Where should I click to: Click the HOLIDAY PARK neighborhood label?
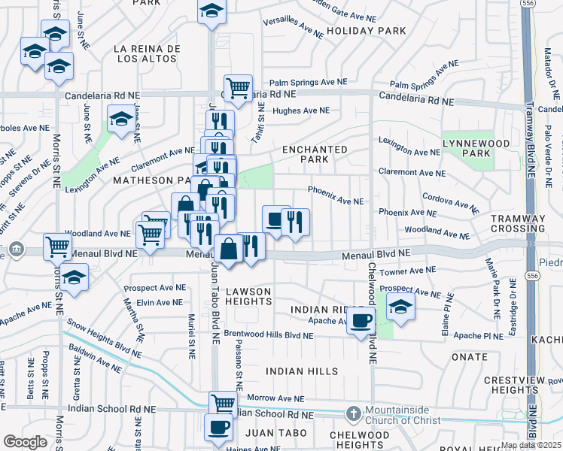pyautogui.click(x=367, y=31)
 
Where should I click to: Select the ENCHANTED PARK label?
pyautogui.click(x=315, y=154)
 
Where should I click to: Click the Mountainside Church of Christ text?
pyautogui.click(x=409, y=415)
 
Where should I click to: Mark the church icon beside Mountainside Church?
pyautogui.click(x=353, y=413)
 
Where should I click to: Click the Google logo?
pyautogui.click(x=25, y=442)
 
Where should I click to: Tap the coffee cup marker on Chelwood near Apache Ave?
pyautogui.click(x=361, y=319)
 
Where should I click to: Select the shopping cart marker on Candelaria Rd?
pyautogui.click(x=238, y=87)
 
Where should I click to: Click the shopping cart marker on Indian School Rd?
pyautogui.click(x=223, y=403)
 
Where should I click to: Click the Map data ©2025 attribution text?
pyautogui.click(x=531, y=445)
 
